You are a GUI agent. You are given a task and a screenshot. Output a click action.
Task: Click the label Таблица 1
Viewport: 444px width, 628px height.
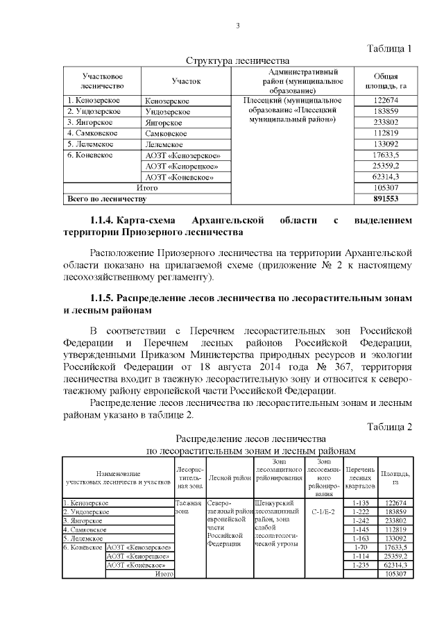coord(389,49)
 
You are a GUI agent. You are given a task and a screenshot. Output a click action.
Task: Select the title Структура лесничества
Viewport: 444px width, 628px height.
coord(237,61)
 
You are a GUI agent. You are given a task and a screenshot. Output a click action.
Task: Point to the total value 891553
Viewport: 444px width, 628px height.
coord(385,199)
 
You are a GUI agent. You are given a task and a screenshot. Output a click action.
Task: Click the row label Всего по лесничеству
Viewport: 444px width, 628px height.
coord(106,199)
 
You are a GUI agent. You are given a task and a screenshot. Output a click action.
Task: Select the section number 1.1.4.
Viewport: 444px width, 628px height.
coord(98,221)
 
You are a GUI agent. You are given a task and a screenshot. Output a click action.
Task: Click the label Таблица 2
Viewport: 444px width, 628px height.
coord(389,426)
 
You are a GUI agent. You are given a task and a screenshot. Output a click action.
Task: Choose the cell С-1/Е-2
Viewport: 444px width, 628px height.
coord(323,512)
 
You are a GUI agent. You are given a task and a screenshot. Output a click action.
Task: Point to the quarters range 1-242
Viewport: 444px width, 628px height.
coord(360,520)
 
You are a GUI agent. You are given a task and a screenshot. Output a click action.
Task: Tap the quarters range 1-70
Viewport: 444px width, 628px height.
coord(360,547)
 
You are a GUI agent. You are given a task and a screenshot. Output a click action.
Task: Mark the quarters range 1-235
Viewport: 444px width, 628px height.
coord(360,565)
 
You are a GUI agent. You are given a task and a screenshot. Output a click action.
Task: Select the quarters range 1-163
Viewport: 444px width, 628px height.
coord(360,538)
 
